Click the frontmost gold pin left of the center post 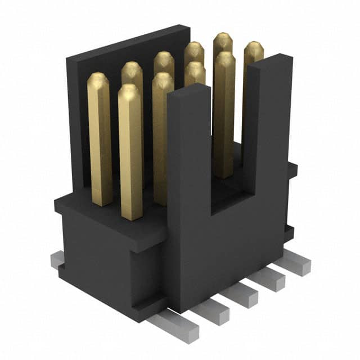pos(130,152)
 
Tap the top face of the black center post pos(188,91)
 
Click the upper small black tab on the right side pos(291,169)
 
